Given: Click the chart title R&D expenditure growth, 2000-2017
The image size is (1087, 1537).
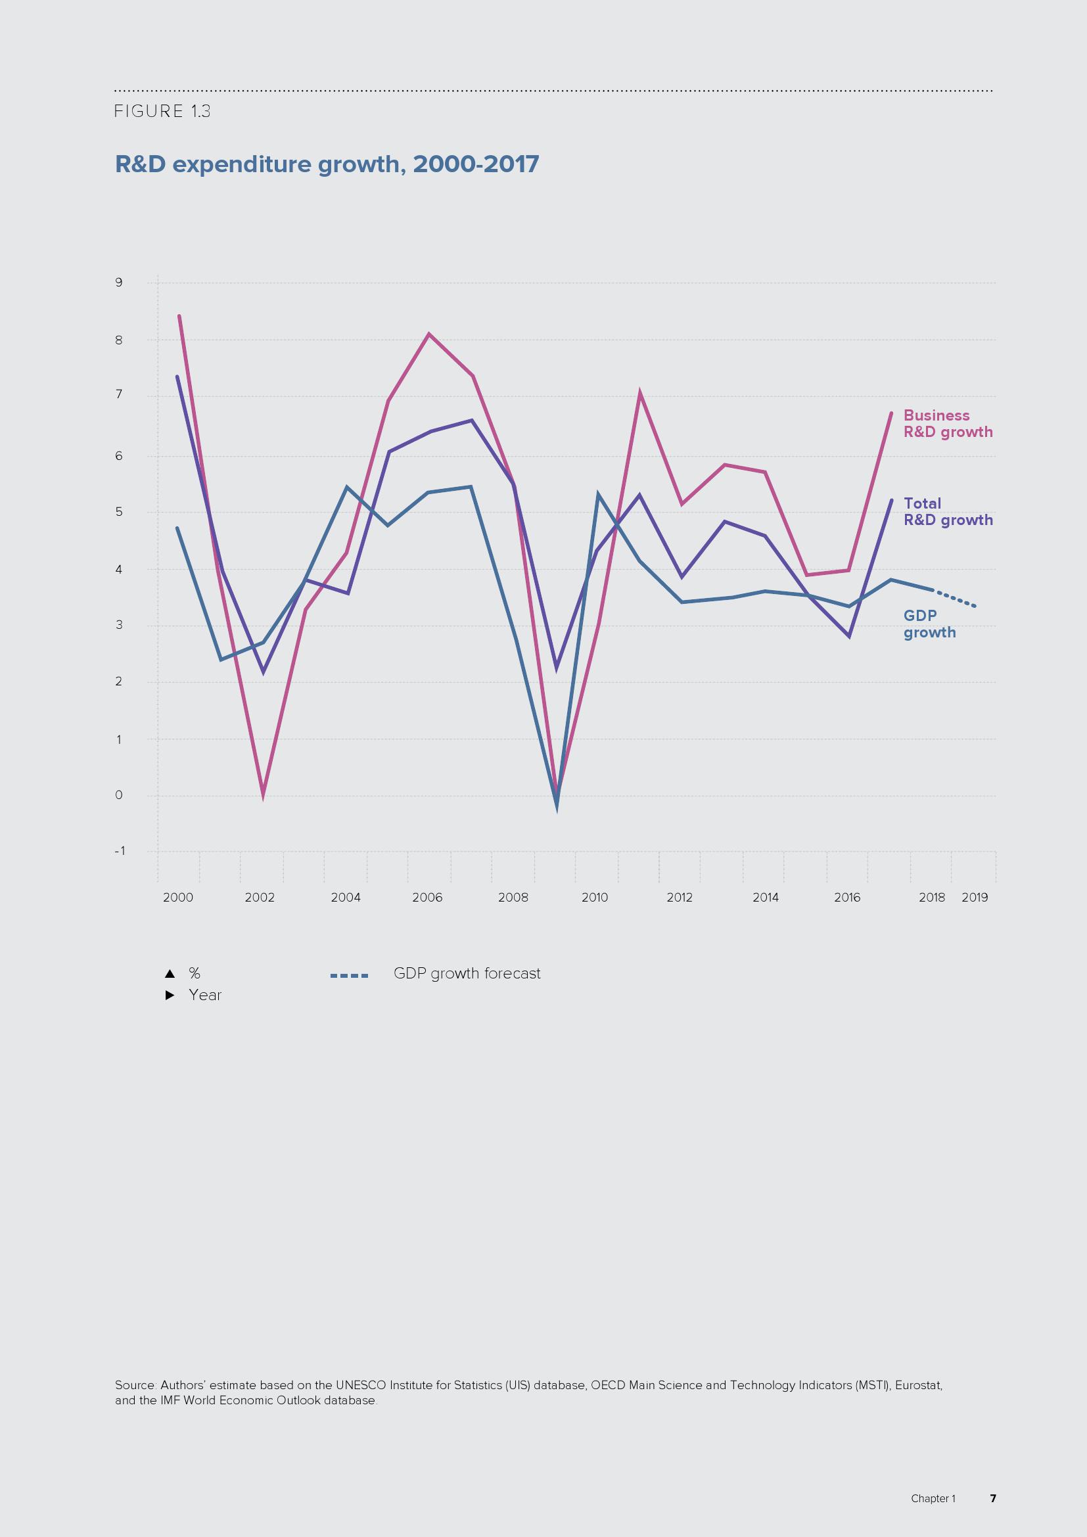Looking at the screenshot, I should click(x=327, y=164).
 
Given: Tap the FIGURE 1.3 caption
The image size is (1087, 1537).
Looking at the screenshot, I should click(x=162, y=111).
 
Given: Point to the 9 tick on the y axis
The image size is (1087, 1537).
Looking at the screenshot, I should click(x=119, y=283).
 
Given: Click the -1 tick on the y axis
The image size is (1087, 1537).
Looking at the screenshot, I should click(x=119, y=851).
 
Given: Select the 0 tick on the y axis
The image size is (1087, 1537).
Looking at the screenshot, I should click(x=119, y=795).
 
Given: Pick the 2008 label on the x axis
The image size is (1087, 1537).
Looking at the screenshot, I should click(x=513, y=898).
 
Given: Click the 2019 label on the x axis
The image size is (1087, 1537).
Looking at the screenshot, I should click(x=975, y=898).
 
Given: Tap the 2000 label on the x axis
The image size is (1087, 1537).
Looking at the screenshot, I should click(x=178, y=898).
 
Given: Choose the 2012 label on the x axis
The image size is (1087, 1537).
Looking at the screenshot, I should click(x=680, y=898).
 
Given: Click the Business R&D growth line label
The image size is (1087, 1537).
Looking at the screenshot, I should click(x=947, y=424).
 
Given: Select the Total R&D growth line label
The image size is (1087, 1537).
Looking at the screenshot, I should click(x=947, y=511).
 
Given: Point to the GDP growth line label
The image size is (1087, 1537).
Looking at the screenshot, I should click(x=929, y=624).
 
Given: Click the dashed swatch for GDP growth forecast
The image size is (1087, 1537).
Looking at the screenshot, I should click(x=349, y=975).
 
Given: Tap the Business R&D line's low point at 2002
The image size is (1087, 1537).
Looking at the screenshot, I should click(x=263, y=794).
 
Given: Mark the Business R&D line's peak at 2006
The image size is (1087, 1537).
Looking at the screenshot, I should click(x=428, y=334).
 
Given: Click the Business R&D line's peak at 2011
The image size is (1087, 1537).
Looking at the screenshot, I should click(x=640, y=394).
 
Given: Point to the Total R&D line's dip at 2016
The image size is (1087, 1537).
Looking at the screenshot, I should click(x=848, y=635).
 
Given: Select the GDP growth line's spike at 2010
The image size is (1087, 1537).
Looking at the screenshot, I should click(x=597, y=495).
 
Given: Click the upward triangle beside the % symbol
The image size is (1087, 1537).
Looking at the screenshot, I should click(x=170, y=973).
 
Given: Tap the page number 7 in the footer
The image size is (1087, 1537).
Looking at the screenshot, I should click(x=992, y=1498).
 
